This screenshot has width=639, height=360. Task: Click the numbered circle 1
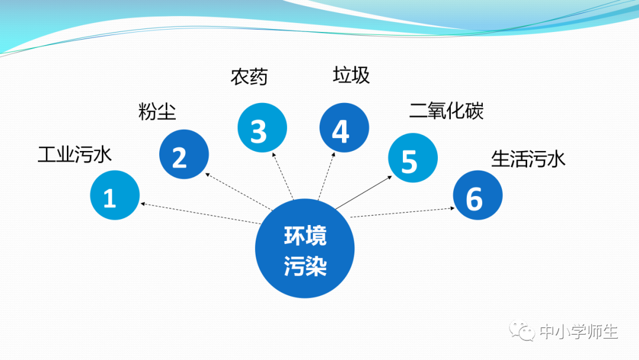point(115,195)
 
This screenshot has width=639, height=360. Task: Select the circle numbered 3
point(262,128)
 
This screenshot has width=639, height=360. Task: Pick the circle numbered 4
point(344,128)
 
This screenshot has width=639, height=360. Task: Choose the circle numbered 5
point(412,158)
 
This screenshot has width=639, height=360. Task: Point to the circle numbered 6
point(477,195)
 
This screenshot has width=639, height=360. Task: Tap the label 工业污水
point(75,155)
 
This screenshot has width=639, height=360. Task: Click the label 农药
point(249,76)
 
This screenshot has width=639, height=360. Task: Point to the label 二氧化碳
point(446,111)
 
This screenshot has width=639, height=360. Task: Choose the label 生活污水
point(528,159)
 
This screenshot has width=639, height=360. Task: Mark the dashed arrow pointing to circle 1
point(201,214)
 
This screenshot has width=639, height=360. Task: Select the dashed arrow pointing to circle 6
point(402,213)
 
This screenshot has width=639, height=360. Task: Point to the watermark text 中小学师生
point(579,332)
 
